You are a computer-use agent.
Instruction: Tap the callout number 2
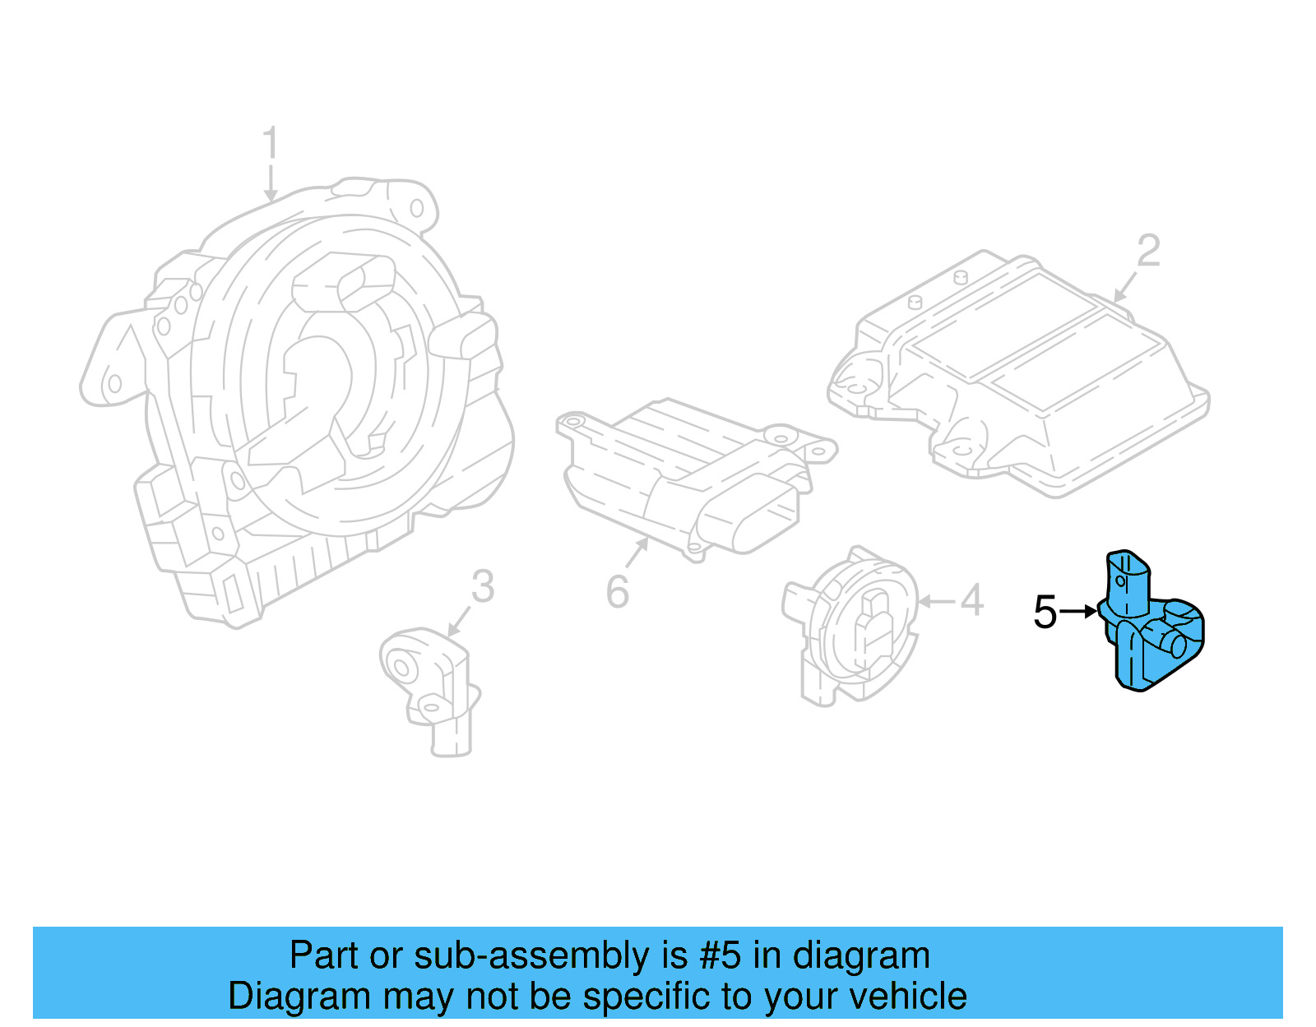[x=1148, y=251]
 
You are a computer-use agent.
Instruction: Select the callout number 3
[x=483, y=587]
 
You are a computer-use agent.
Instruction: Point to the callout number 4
[x=971, y=600]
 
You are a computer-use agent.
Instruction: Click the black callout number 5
[x=1045, y=613]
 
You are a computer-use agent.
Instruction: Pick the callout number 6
[x=618, y=591]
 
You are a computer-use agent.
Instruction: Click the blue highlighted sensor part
[x=1151, y=629]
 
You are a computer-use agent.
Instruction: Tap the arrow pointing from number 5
[x=1078, y=611]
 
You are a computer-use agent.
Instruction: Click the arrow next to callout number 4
[x=937, y=602]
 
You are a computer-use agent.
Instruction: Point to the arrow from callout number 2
[x=1125, y=285]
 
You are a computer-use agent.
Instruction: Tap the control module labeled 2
[x=1020, y=370]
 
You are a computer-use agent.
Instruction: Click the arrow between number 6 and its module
[x=637, y=553]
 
